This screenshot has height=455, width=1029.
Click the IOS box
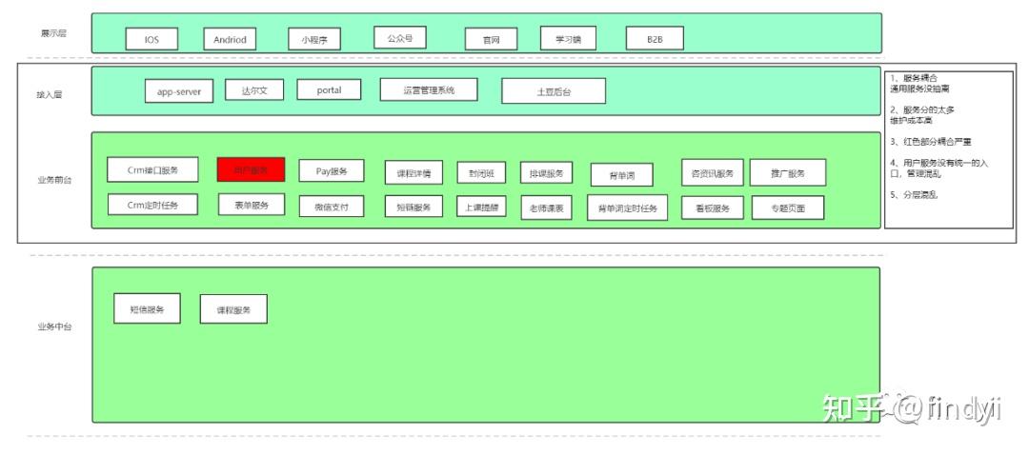(151, 39)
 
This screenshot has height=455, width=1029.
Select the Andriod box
(229, 39)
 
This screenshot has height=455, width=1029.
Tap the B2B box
(655, 39)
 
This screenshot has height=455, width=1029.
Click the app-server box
(179, 91)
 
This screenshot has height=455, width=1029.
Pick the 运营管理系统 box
(428, 90)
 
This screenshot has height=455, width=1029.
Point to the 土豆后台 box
(554, 91)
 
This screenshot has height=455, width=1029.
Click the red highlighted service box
(251, 169)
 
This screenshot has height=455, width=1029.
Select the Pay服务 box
(332, 171)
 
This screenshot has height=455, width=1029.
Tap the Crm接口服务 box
(152, 170)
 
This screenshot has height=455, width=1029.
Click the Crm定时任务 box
(152, 205)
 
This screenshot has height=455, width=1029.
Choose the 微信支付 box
(332, 207)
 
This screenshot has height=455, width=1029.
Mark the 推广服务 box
(787, 172)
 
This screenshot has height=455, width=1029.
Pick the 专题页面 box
(788, 208)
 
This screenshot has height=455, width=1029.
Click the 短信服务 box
(147, 309)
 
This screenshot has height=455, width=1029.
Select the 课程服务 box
(233, 310)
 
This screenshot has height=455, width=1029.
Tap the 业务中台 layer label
(53, 326)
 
